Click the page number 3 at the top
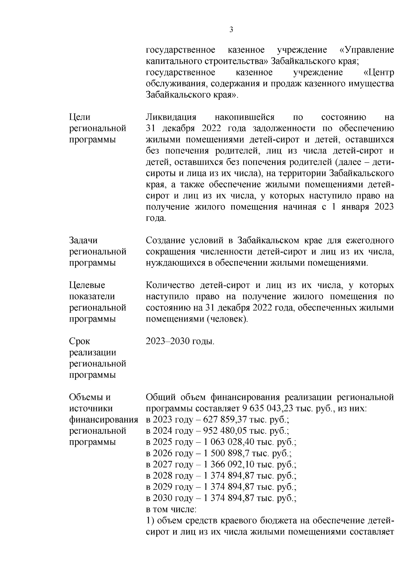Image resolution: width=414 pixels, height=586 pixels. (x=231, y=30)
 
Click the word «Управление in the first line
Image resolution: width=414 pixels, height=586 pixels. (x=367, y=50)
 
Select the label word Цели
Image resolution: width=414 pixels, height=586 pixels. (x=80, y=117)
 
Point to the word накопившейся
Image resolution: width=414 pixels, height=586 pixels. (x=244, y=117)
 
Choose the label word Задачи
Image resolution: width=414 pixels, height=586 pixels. (x=83, y=240)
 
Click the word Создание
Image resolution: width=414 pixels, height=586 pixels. (x=166, y=240)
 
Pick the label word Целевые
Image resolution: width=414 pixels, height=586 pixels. (x=87, y=285)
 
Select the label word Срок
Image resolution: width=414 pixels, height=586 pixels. (x=80, y=342)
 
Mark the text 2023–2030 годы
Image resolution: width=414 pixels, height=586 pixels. (x=180, y=342)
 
